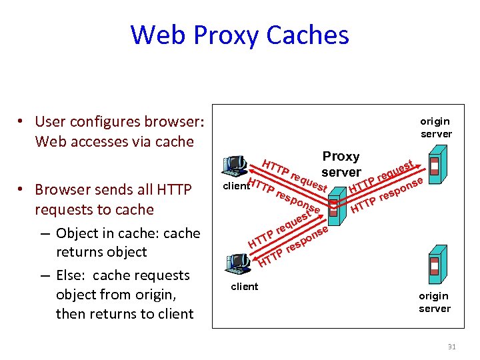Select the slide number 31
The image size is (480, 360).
[451, 346]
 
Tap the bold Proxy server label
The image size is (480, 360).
[341, 164]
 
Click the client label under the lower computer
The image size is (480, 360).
[244, 287]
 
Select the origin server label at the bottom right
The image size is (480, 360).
[435, 302]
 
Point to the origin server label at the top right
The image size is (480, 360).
[435, 127]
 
